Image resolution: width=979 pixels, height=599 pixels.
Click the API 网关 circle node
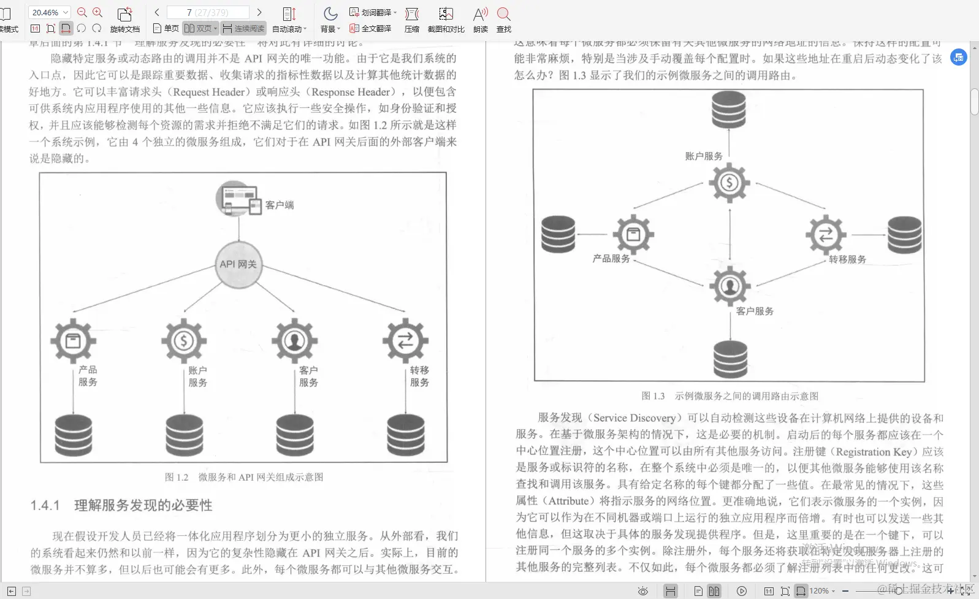click(238, 264)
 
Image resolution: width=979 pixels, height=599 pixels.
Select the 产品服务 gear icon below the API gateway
click(74, 340)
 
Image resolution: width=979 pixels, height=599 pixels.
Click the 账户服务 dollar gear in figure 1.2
click(184, 340)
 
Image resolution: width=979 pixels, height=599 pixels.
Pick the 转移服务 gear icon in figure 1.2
click(405, 340)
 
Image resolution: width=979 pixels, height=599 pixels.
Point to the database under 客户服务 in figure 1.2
click(295, 435)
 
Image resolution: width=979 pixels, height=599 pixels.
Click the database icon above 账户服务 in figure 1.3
click(729, 110)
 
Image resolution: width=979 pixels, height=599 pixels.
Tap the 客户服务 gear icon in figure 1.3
click(729, 286)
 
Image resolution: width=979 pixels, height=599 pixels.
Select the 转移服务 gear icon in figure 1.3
click(826, 234)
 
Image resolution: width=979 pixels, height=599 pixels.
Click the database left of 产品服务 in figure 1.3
click(558, 234)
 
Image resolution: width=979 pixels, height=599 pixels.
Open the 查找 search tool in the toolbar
click(504, 20)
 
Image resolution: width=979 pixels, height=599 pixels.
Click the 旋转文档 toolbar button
click(125, 20)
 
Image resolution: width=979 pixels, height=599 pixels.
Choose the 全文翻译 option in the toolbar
click(370, 28)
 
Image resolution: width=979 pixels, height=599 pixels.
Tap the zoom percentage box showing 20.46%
click(50, 12)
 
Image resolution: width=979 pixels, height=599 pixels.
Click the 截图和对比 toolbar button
click(446, 20)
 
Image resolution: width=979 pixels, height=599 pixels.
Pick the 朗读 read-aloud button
click(481, 20)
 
